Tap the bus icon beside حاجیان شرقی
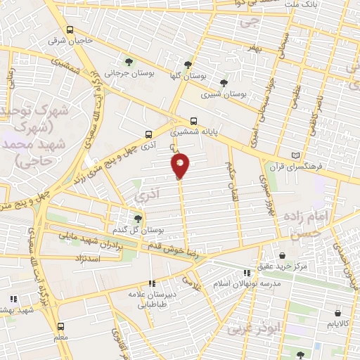pyautogui.click(x=70, y=30)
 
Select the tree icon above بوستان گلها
pyautogui.click(x=187, y=64)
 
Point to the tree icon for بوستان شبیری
pyautogui.click(x=224, y=82)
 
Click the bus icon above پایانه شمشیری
pyautogui.click(x=194, y=120)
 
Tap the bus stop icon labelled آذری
pyautogui.click(x=148, y=134)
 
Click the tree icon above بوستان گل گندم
pyautogui.click(x=138, y=219)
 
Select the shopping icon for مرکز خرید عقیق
pyautogui.click(x=282, y=255)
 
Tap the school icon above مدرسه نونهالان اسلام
pyautogui.click(x=247, y=273)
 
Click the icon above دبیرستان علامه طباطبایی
pyautogui.click(x=152, y=283)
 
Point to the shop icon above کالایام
pyautogui.click(x=338, y=313)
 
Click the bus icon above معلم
pyautogui.click(x=60, y=327)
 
